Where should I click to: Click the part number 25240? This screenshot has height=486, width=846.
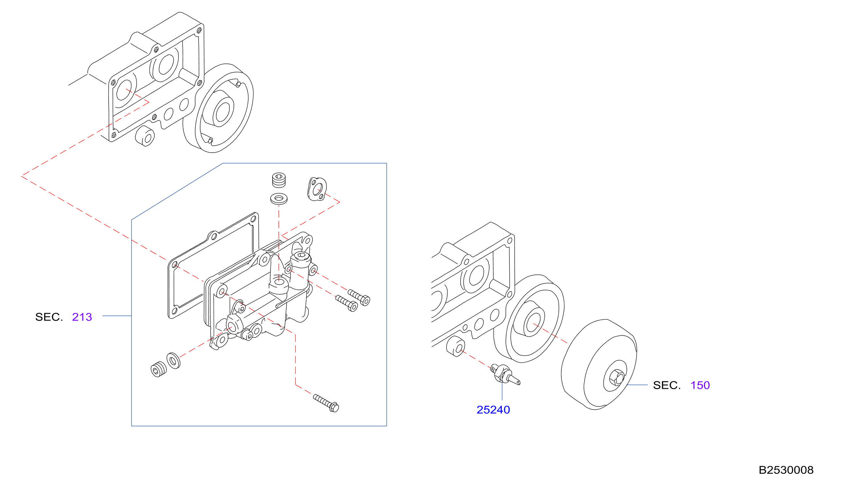coord(493,410)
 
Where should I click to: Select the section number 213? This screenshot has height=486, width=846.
coord(82,317)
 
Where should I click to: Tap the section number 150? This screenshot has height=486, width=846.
coord(700,385)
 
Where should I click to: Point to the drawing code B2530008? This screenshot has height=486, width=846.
coord(786,470)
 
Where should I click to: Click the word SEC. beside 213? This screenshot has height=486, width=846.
coord(49,317)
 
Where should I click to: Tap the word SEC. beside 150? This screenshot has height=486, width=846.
coord(667,385)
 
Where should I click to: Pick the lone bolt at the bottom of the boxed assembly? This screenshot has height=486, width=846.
coord(326,403)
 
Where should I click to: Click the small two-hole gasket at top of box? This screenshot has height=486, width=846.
coord(317,189)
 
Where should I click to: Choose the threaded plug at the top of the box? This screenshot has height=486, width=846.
coord(279,180)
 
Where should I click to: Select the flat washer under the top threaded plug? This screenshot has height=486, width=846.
coord(279,199)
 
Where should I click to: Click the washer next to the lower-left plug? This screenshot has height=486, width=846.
coord(173,361)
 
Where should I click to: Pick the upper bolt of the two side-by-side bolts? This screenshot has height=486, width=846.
coord(359,297)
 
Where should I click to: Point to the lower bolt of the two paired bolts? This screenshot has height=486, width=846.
coord(347,303)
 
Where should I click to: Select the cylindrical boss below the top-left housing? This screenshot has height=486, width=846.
coord(145,136)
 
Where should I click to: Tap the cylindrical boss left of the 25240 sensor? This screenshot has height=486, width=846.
coord(455,346)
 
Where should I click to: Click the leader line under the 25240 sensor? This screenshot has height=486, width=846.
coord(502,391)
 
